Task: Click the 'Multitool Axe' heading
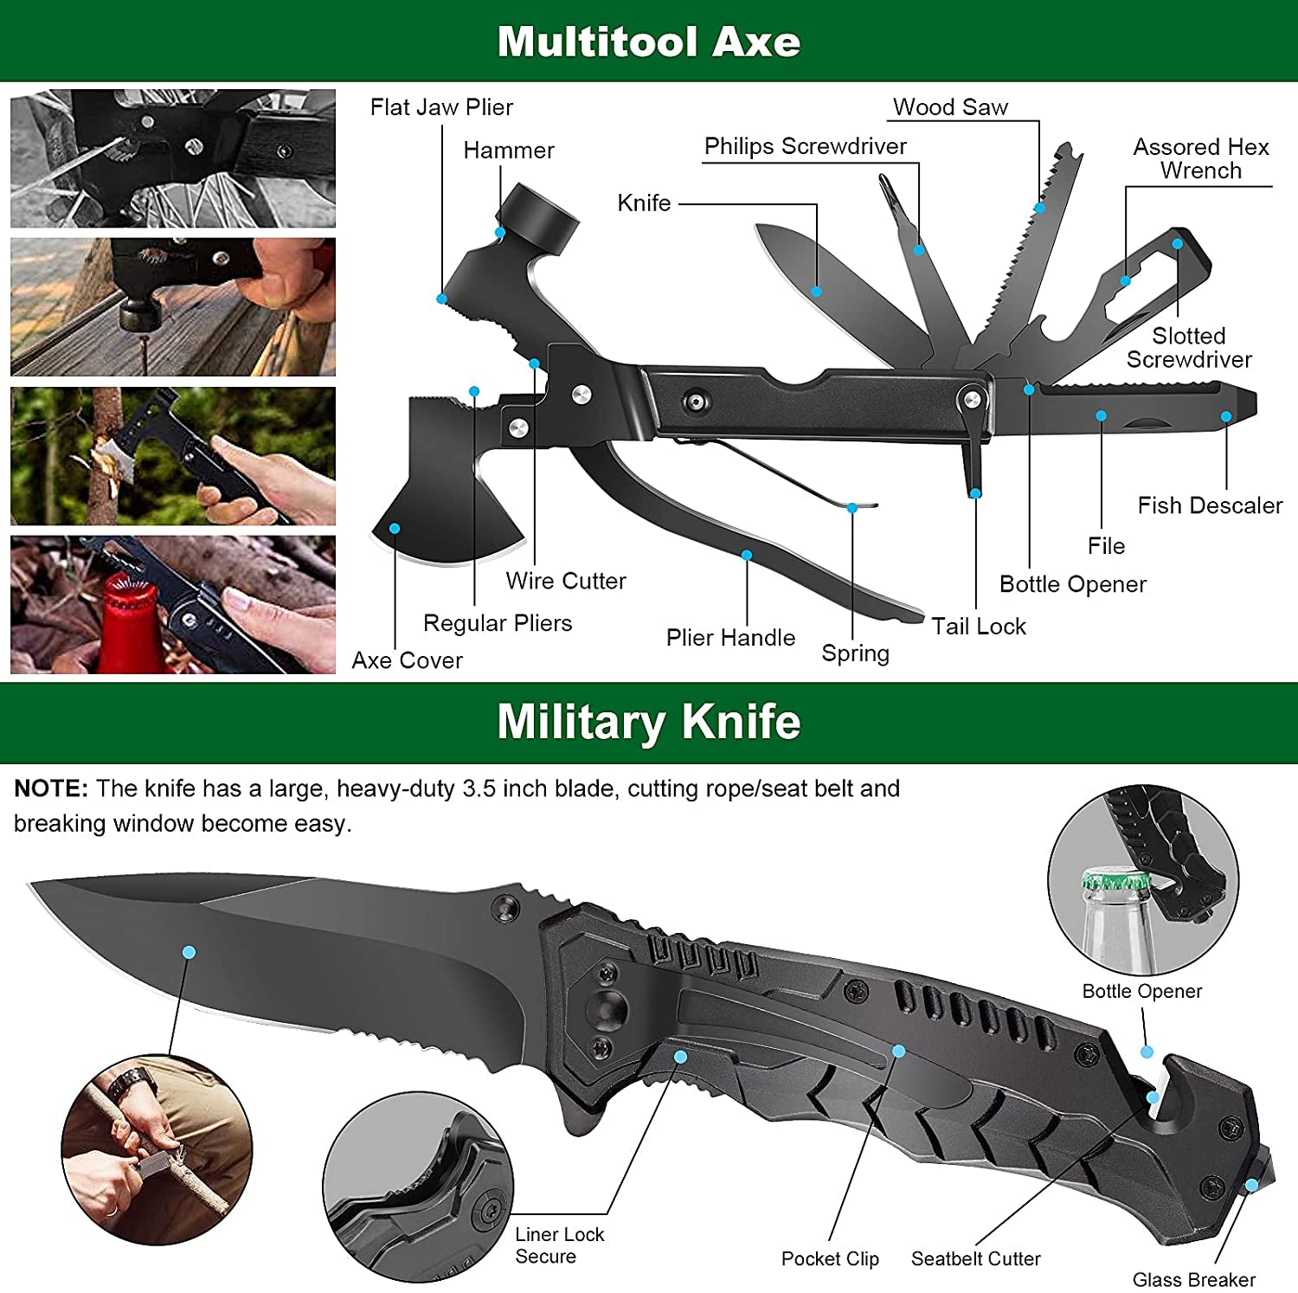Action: pos(648,42)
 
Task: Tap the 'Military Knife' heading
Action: pos(648,722)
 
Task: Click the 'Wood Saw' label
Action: pos(950,107)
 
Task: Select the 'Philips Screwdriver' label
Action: pos(805,146)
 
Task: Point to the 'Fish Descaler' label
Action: pos(1209,505)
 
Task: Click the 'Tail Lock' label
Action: pos(978,626)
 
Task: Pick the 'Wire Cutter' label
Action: pos(565,581)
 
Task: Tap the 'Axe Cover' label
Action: pos(407,660)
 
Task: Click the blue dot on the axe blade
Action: pos(395,528)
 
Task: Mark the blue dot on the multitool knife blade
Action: pos(816,292)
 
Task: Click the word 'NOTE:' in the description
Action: pos(51,788)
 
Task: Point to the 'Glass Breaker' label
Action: pos(1193,1279)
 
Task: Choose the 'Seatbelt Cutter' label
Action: pos(975,1258)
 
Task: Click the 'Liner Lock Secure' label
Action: pos(559,1245)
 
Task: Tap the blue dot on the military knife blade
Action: pos(189,952)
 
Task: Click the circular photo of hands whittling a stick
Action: pos(157,1151)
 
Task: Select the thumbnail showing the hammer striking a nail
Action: pos(173,307)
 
